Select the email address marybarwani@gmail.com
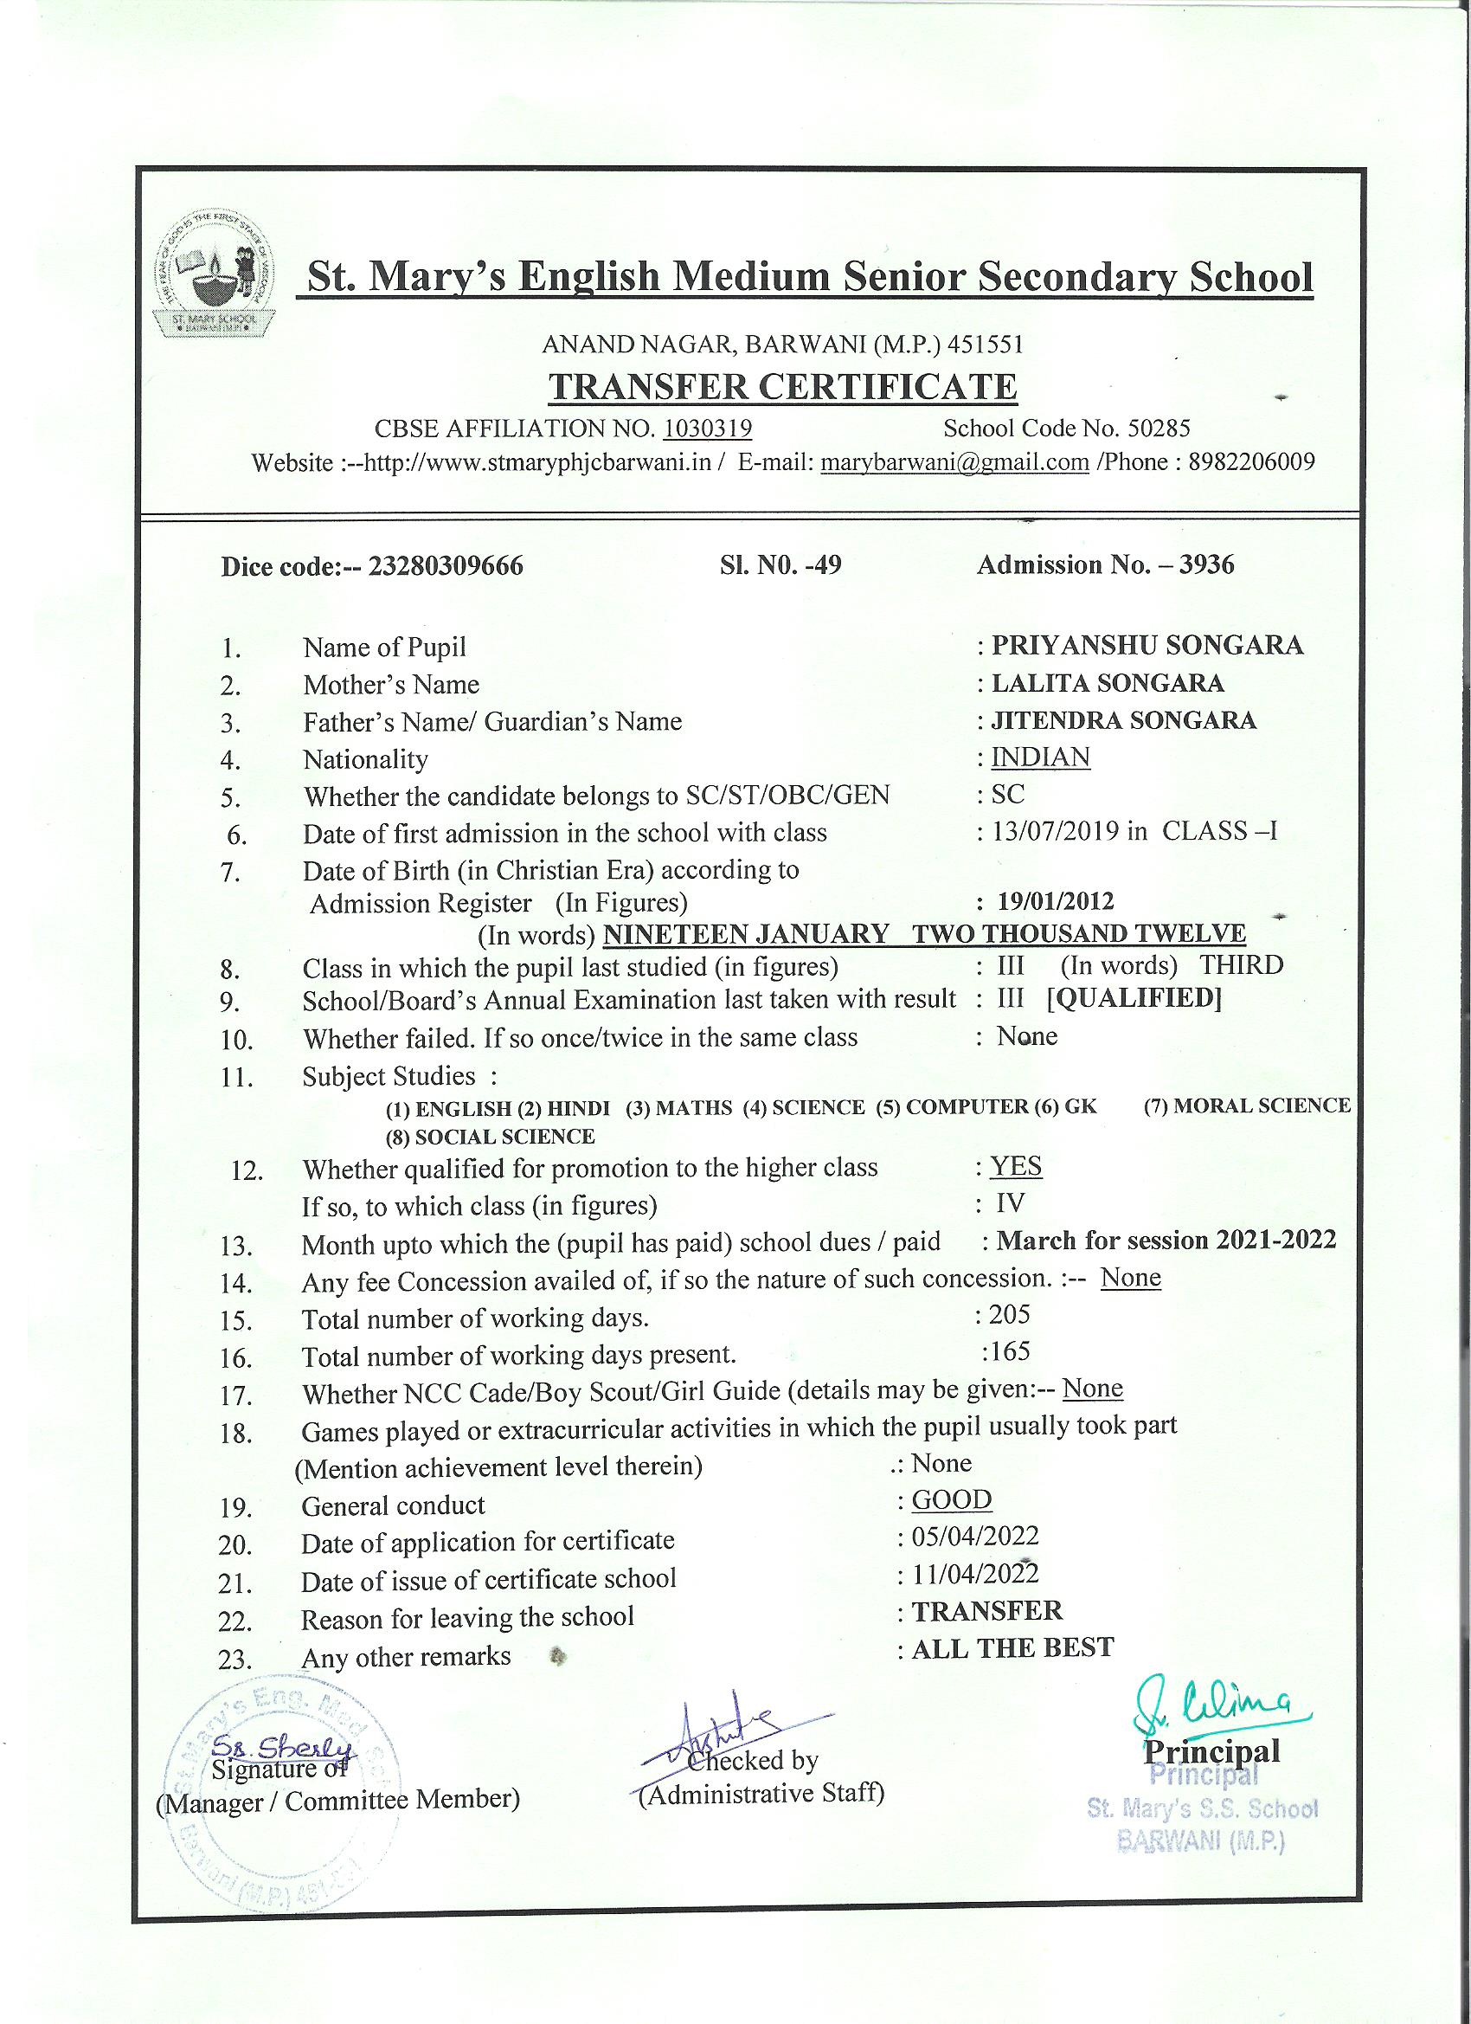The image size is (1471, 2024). pyautogui.click(x=954, y=462)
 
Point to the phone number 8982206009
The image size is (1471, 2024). pyautogui.click(x=1251, y=462)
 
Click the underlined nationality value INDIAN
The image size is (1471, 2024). pyautogui.click(x=1041, y=757)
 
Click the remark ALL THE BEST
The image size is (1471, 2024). pyautogui.click(x=1012, y=1647)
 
